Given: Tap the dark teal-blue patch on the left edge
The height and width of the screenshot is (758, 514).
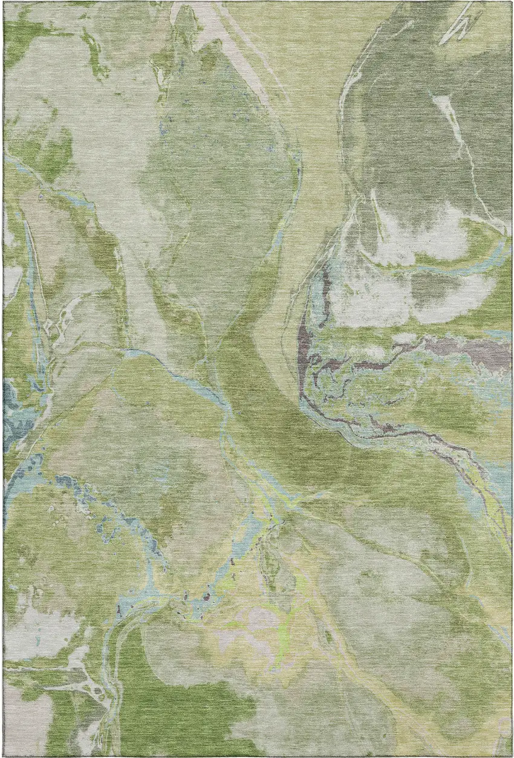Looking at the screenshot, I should [12, 417].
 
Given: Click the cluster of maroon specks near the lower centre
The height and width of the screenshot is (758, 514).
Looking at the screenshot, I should [206, 595].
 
